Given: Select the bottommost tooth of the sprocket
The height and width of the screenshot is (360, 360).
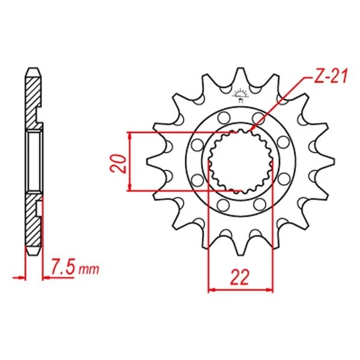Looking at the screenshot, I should click(x=240, y=251).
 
